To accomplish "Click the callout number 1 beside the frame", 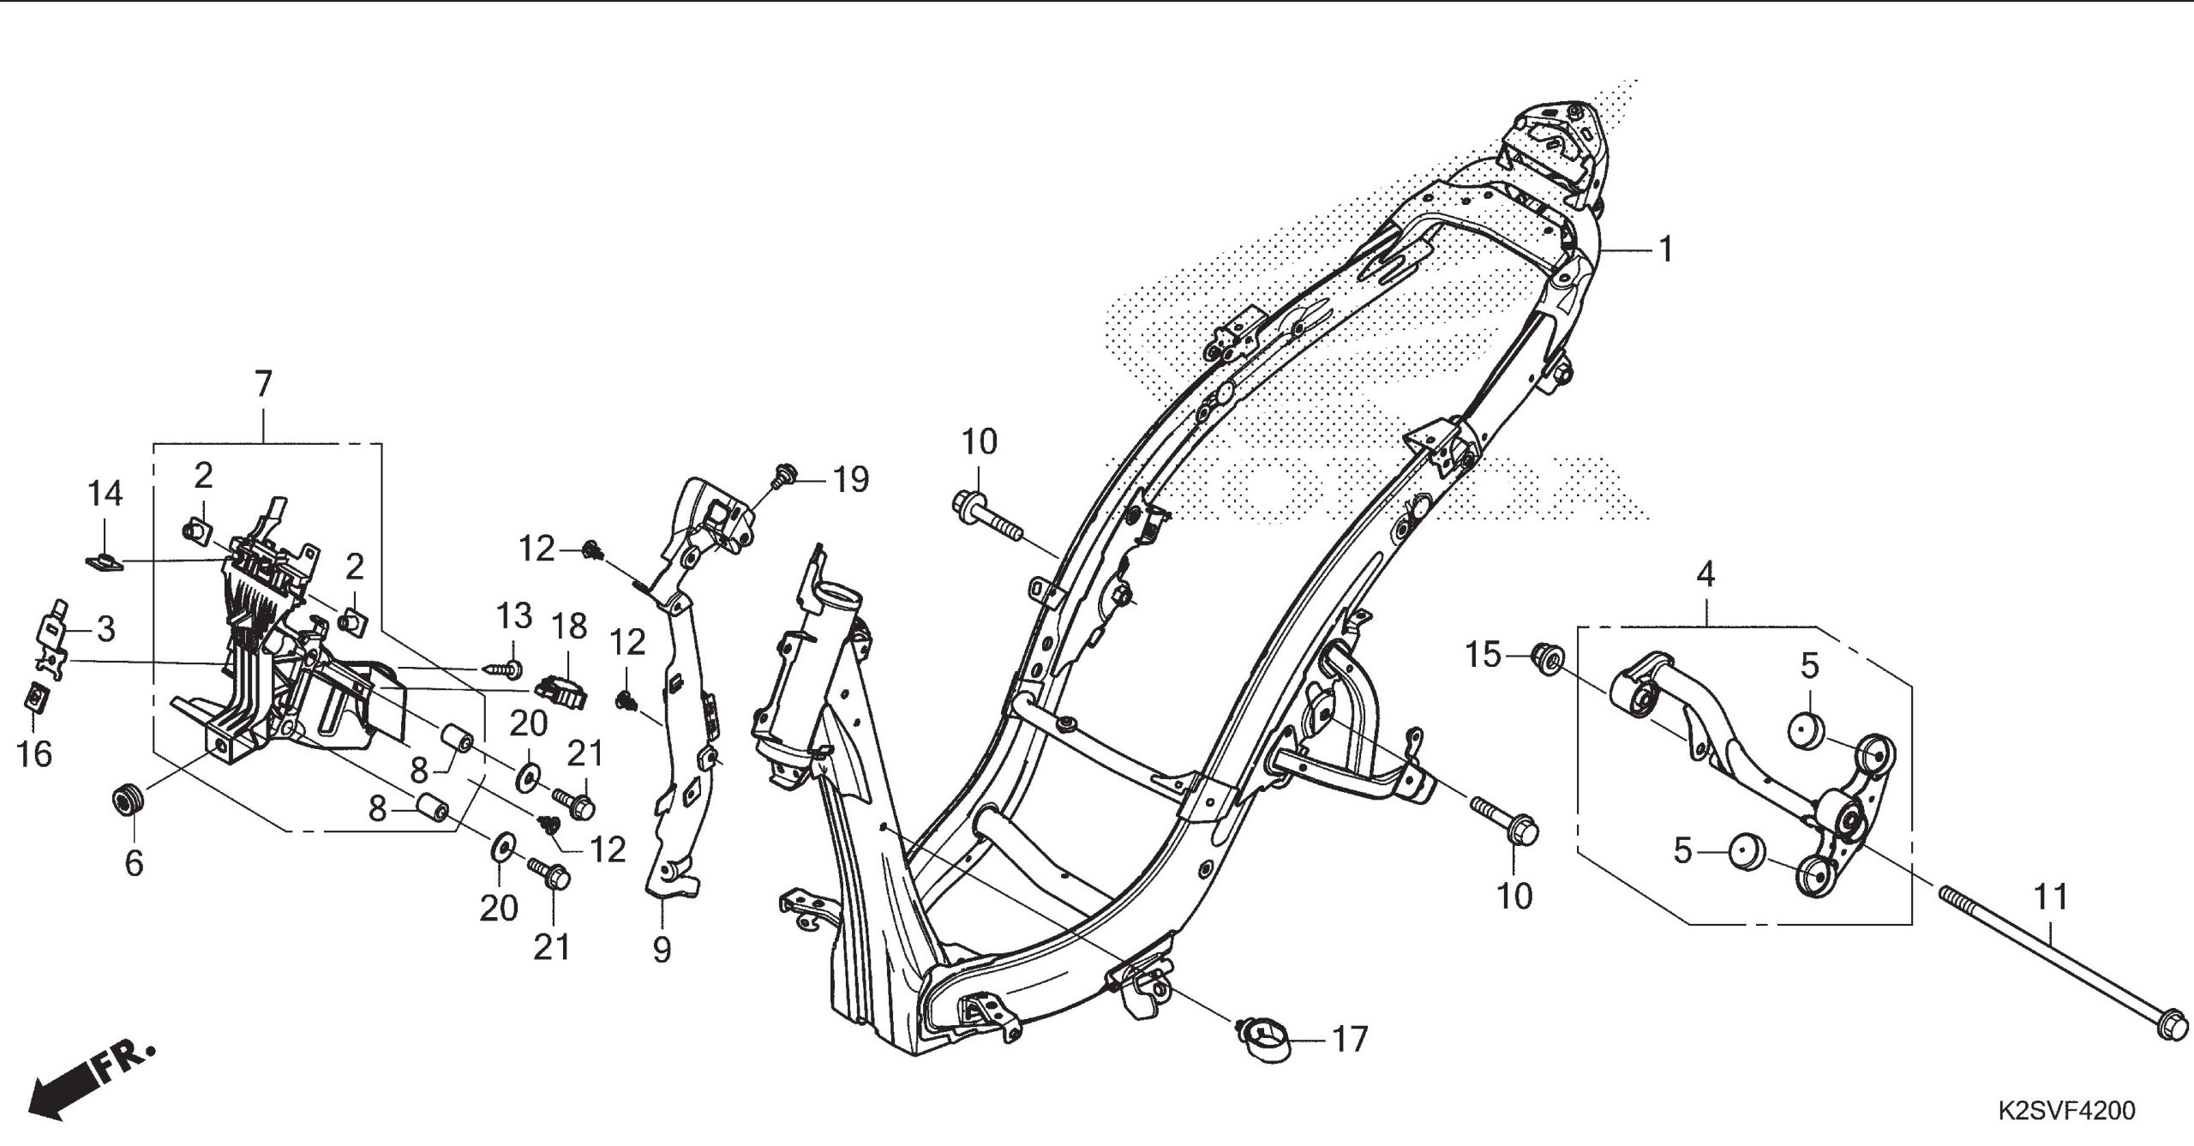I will (x=1665, y=250).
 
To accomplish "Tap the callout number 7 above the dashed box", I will (x=262, y=383).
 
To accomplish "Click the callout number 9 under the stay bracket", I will (x=662, y=950).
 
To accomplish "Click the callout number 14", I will (x=105, y=495).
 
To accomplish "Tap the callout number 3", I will (x=105, y=630).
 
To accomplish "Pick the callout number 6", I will (x=134, y=863).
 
